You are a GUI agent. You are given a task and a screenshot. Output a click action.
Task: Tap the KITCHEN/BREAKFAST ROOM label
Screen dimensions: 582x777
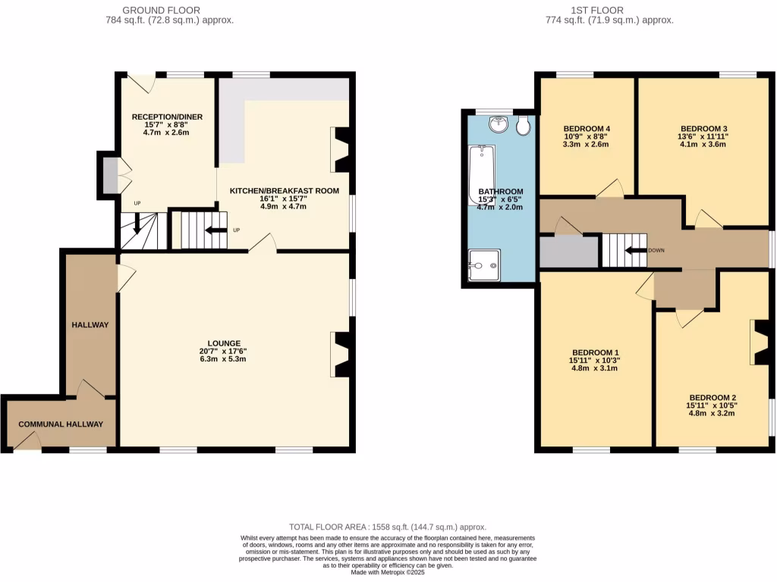coord(284,190)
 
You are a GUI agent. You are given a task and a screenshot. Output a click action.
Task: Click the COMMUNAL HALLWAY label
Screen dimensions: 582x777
coord(61,424)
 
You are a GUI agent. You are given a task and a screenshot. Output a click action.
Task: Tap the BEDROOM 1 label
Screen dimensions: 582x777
coord(595,352)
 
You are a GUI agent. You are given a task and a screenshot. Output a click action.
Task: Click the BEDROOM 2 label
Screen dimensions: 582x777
coord(713,397)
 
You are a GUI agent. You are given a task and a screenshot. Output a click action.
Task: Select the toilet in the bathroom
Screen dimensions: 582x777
coord(523,126)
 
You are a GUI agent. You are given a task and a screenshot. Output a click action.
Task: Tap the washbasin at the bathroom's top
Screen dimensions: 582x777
coord(499,124)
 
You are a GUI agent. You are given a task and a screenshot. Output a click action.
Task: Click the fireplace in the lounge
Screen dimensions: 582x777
coord(341,354)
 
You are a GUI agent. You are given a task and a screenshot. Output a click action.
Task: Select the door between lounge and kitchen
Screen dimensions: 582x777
coord(263,242)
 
